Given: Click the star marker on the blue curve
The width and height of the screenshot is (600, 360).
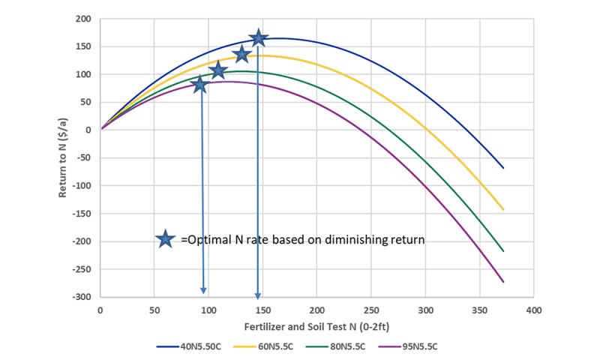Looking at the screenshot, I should (259, 38).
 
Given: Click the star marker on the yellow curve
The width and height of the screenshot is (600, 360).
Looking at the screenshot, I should (241, 55).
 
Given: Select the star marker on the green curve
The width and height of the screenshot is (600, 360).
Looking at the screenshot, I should (218, 70).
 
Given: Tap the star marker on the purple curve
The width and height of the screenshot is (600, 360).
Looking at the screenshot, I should (199, 84).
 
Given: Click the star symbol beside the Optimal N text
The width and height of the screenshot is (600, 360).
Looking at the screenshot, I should (166, 239).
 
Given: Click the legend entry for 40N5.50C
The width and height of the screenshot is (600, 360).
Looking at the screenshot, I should (187, 346).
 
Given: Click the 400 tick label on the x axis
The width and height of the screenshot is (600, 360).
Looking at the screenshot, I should (533, 309).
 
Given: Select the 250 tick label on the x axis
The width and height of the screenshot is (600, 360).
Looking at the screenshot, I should (370, 309).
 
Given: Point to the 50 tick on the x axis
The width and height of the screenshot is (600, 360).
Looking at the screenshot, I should (154, 309).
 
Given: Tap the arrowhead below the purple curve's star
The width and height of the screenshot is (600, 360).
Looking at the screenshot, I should (202, 292).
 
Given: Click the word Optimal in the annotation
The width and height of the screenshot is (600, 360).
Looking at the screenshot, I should (205, 240).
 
